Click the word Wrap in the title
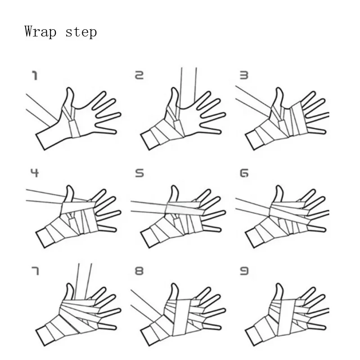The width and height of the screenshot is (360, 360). pyautogui.click(x=40, y=31)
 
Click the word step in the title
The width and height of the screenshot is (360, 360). pyautogui.click(x=81, y=32)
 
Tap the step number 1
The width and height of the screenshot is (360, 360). pyautogui.click(x=35, y=76)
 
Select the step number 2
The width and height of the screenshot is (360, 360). pyautogui.click(x=139, y=75)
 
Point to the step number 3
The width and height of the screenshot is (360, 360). pyautogui.click(x=244, y=75)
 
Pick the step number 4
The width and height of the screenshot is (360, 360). pyautogui.click(x=35, y=173)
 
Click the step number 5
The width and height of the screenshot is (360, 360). pyautogui.click(x=139, y=173)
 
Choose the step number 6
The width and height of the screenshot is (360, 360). pyautogui.click(x=244, y=173)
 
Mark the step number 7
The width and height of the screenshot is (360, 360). pyautogui.click(x=35, y=271)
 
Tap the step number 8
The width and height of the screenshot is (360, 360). pyautogui.click(x=139, y=271)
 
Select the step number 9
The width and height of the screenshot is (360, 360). pyautogui.click(x=244, y=271)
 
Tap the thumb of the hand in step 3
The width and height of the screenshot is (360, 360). pyautogui.click(x=279, y=97)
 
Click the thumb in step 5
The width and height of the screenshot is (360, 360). pyautogui.click(x=174, y=194)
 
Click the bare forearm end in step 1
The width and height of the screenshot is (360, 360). pyautogui.click(x=40, y=142)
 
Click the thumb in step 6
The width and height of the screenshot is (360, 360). pyautogui.click(x=279, y=194)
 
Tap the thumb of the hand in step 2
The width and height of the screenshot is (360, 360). pyautogui.click(x=174, y=98)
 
